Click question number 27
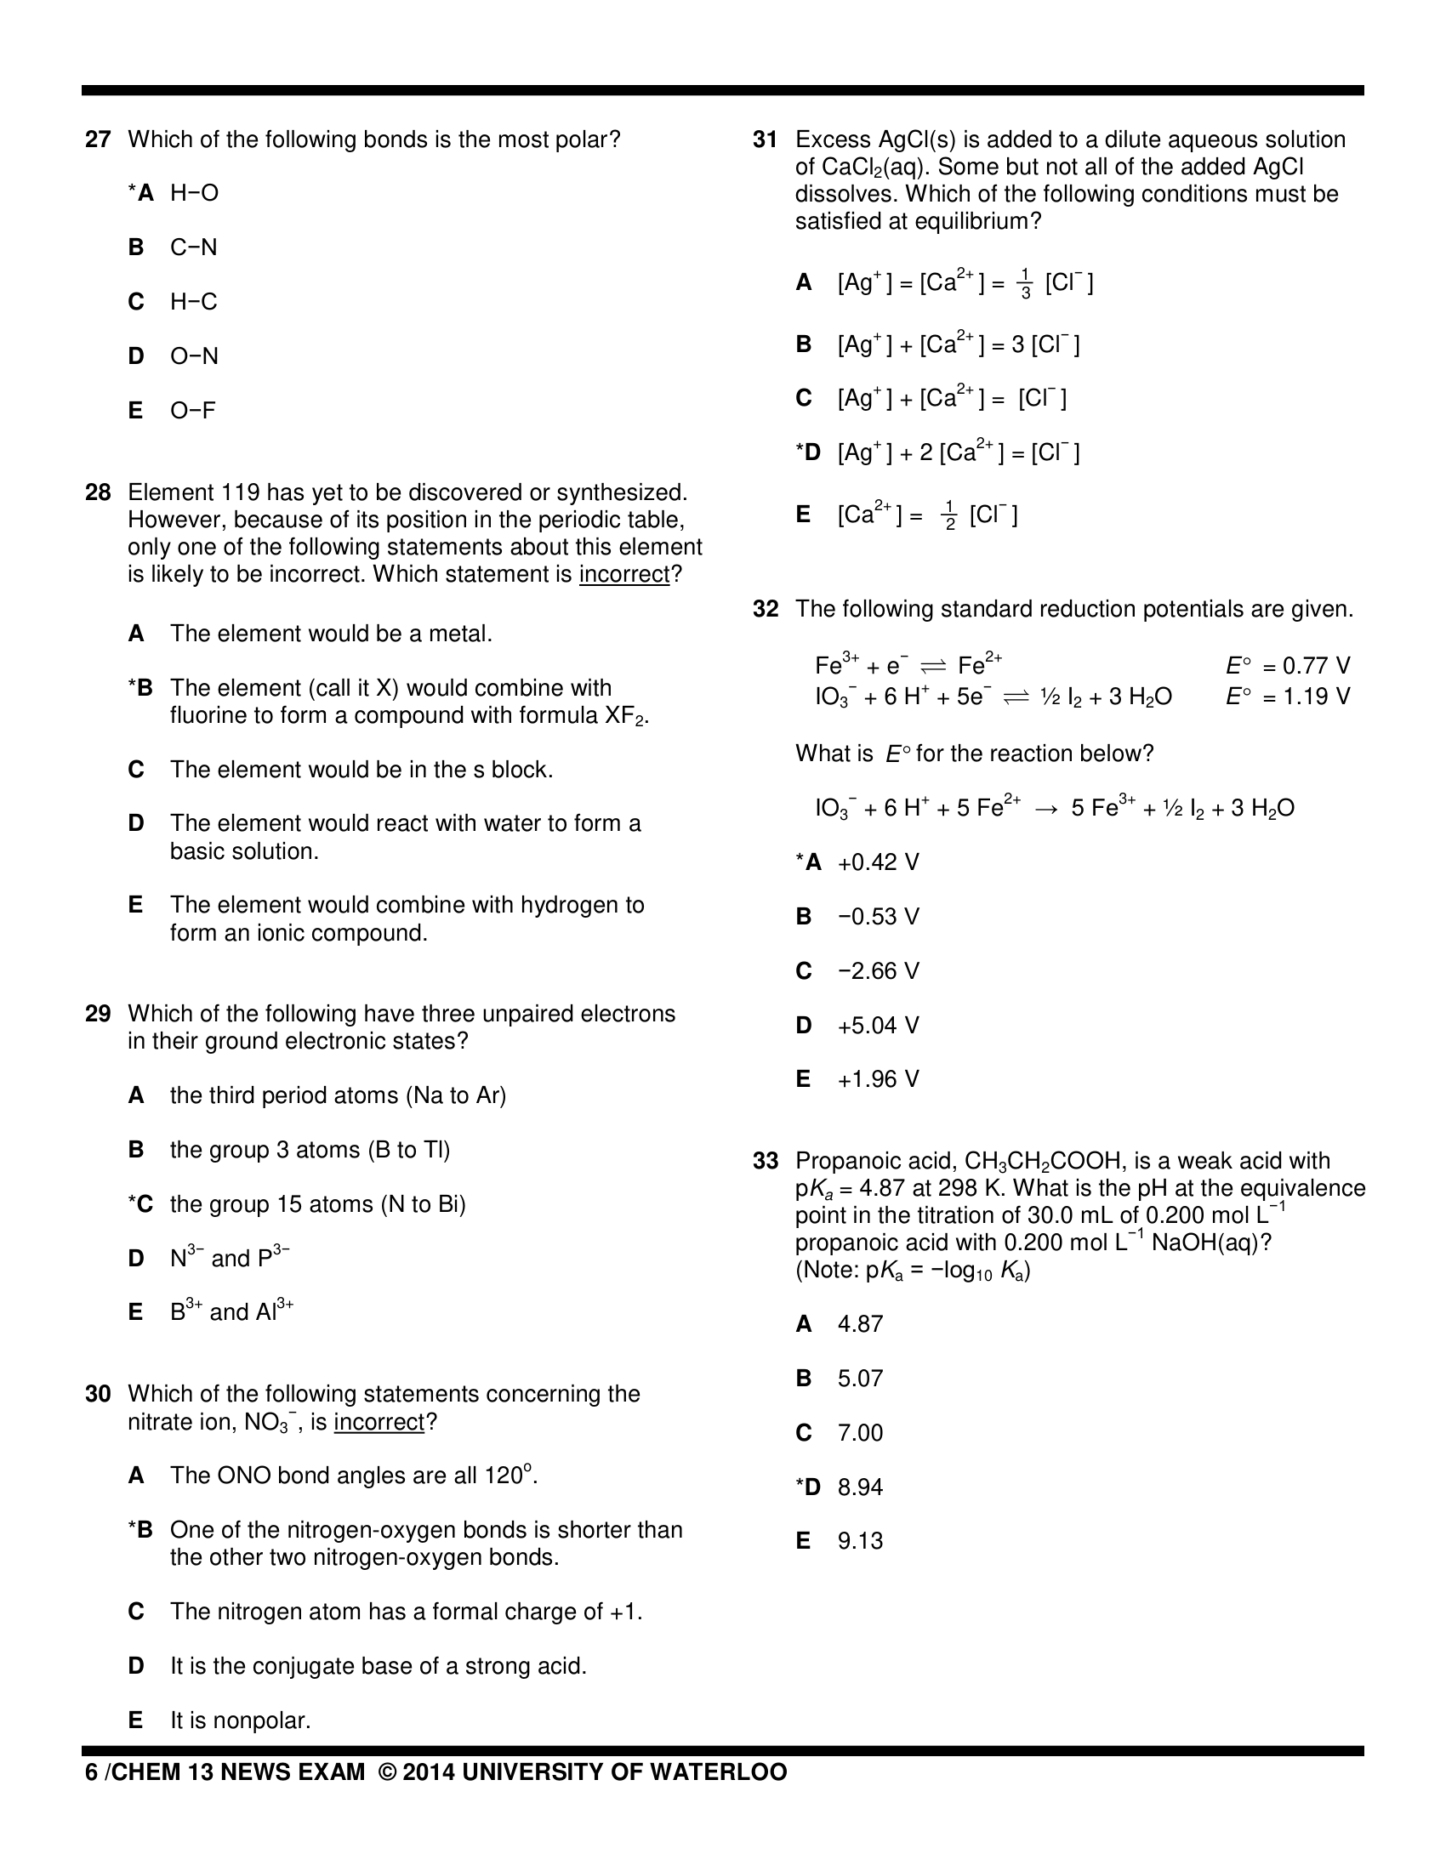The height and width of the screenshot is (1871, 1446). (x=98, y=139)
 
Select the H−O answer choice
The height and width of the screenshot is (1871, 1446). (x=195, y=194)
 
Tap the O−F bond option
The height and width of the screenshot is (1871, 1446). (x=193, y=411)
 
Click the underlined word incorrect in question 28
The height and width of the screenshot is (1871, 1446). (x=623, y=575)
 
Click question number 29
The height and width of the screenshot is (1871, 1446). (x=98, y=1015)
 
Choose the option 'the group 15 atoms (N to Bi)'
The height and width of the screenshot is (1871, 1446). (x=317, y=1204)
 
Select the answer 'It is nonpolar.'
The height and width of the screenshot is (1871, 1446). (x=240, y=1720)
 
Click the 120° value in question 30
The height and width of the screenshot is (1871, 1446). (x=509, y=1476)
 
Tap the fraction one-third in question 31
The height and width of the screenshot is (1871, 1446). (x=1026, y=284)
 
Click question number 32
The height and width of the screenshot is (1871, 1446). (x=765, y=609)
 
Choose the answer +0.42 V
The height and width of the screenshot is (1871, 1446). (x=878, y=862)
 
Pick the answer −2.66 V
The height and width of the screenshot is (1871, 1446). (x=878, y=971)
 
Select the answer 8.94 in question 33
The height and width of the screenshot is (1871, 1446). (x=860, y=1487)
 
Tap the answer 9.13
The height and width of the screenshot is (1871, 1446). (x=860, y=1541)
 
